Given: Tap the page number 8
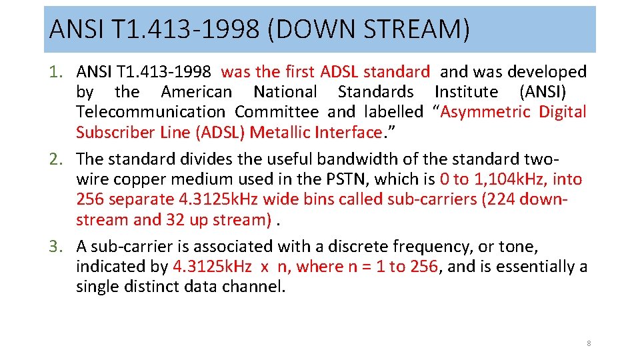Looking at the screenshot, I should click(x=589, y=343).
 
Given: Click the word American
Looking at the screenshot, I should click(x=197, y=92).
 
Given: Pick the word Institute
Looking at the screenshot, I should click(x=466, y=92).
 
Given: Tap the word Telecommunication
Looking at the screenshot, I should click(x=151, y=112).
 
